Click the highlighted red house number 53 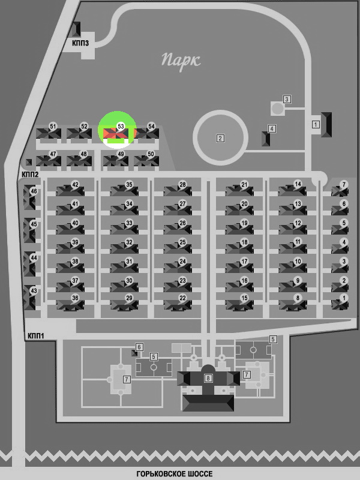(x=116, y=133)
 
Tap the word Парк (x=181, y=61)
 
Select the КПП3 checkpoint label (x=80, y=43)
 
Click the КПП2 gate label (x=30, y=175)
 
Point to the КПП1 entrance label (x=36, y=336)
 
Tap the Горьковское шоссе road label (x=175, y=474)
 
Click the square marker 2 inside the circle (x=220, y=139)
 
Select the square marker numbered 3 (x=287, y=99)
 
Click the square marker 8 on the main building (x=208, y=378)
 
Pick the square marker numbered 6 (x=139, y=347)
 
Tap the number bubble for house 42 (x=75, y=185)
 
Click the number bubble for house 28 (x=182, y=185)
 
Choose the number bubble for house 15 (x=244, y=298)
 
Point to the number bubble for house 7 (x=344, y=185)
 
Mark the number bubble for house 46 (x=34, y=191)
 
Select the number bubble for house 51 (x=53, y=127)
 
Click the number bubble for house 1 (x=344, y=298)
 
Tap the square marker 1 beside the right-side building (x=316, y=125)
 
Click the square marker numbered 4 (x=272, y=128)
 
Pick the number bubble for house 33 (x=129, y=223)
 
